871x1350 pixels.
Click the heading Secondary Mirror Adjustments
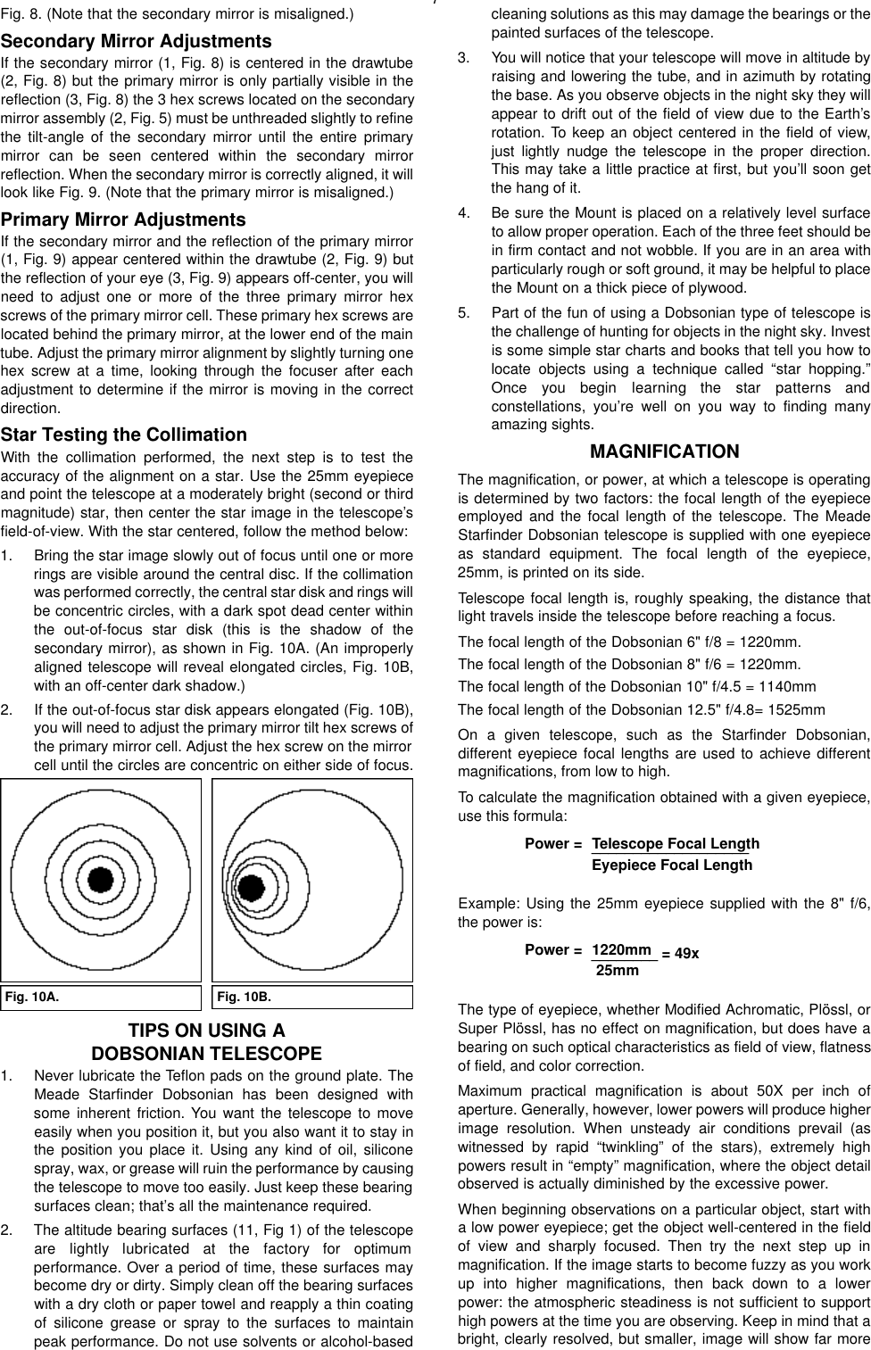(137, 42)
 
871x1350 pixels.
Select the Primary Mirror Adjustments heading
(123, 219)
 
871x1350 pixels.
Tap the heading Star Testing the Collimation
(124, 435)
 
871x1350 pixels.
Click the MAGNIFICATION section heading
(665, 451)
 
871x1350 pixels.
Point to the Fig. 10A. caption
(33, 997)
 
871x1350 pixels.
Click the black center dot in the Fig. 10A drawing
(102, 879)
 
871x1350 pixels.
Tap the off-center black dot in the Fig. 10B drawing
(252, 888)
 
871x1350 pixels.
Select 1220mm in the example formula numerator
(621, 949)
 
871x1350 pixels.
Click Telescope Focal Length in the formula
(676, 844)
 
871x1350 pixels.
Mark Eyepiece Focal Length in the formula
(672, 865)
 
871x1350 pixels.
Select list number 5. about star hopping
(463, 313)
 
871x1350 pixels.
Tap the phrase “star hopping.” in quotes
(826, 369)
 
